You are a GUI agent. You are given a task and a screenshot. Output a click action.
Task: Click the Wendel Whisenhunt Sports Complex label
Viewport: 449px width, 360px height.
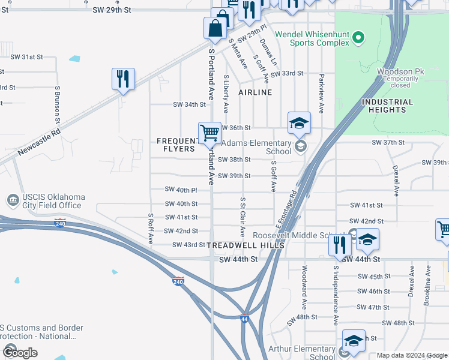point(312,38)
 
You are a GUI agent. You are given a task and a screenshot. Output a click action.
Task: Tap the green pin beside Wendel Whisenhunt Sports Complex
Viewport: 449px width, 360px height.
point(359,38)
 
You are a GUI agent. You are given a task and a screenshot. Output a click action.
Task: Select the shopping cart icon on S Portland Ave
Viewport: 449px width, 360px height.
point(209,133)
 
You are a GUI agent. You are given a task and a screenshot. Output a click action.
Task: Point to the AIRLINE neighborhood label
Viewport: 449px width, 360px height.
point(255,92)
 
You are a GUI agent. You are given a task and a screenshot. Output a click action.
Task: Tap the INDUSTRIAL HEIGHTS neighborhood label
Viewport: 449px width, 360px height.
point(388,106)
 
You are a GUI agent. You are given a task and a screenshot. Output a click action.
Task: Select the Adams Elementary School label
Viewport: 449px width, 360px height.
point(256,147)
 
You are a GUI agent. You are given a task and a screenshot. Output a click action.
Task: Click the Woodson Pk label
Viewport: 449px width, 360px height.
point(400,71)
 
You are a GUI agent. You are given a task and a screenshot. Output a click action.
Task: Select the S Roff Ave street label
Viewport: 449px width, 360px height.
point(151,229)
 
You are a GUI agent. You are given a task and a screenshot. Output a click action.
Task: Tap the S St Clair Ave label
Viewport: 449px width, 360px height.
point(243,216)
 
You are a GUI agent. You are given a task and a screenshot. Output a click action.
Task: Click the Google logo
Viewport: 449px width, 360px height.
point(19,353)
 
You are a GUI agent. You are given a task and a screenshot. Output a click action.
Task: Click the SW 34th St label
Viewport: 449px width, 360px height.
point(189,104)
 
